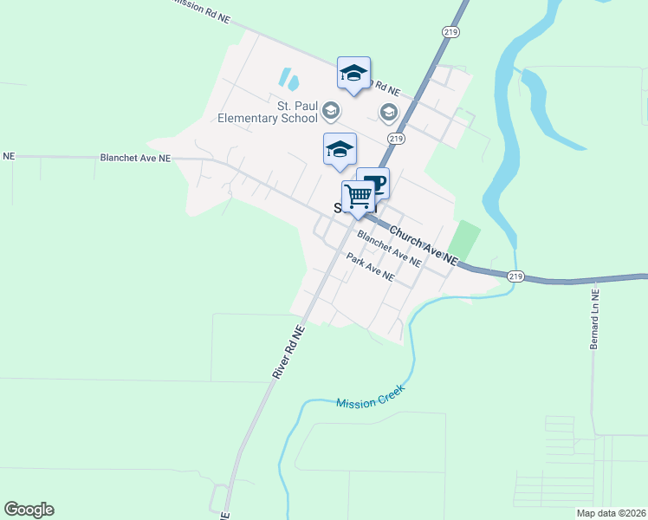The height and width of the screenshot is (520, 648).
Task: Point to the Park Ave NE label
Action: pyautogui.click(x=370, y=268)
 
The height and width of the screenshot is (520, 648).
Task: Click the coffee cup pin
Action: pyautogui.click(x=373, y=184)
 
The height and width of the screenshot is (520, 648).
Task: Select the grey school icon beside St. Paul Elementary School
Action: pyautogui.click(x=330, y=111)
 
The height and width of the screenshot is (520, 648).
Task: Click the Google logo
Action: pyautogui.click(x=29, y=510)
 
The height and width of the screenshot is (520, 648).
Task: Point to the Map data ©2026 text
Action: pyautogui.click(x=610, y=513)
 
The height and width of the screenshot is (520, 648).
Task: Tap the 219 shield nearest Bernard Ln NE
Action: pyautogui.click(x=515, y=276)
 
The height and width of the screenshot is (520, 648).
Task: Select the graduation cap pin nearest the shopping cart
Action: pyautogui.click(x=340, y=150)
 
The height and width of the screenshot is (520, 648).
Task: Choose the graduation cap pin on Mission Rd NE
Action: pyautogui.click(x=353, y=74)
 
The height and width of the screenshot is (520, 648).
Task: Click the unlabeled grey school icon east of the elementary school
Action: pyautogui.click(x=388, y=111)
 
